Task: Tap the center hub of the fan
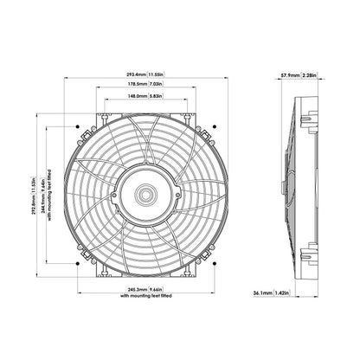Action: pos(143,190)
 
